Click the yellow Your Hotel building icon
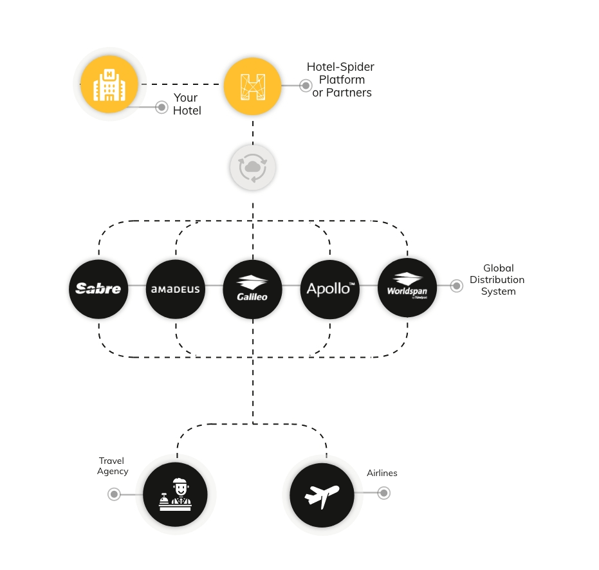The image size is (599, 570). tap(109, 85)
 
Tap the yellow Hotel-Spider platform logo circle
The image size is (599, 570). tap(252, 86)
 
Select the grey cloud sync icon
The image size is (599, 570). tap(252, 167)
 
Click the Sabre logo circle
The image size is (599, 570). tap(98, 290)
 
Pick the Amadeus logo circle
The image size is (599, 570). tap(176, 290)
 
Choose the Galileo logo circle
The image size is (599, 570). tap(252, 290)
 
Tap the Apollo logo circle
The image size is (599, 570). tap(330, 290)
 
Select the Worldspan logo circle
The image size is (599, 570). tap(407, 288)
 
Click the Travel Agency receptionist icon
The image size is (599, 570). tap(176, 494)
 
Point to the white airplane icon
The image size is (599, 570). tap(322, 495)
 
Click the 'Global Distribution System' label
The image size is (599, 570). tap(497, 280)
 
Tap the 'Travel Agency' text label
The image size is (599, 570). tap(113, 466)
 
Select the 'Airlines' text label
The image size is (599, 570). tap(382, 473)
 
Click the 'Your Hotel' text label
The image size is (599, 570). tap(187, 104)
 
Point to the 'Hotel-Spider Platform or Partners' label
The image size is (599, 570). tap(341, 80)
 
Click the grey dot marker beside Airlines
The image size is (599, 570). tap(384, 493)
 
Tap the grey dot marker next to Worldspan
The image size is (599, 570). tap(457, 286)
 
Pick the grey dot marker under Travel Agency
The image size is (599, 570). tap(114, 494)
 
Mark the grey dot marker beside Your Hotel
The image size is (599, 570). tap(161, 107)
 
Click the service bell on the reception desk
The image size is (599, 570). tap(164, 499)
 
